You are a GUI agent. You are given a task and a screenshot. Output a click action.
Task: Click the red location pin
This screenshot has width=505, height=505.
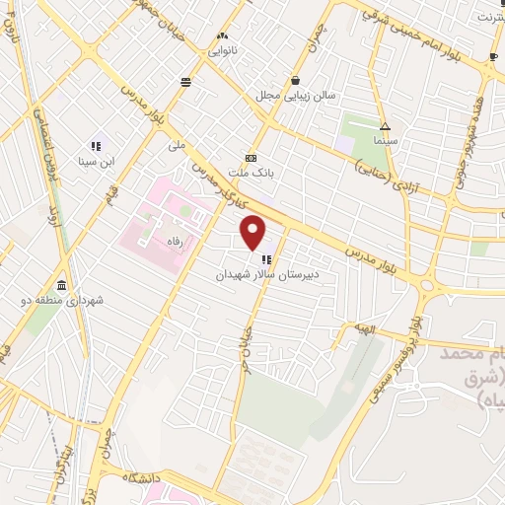[254, 233]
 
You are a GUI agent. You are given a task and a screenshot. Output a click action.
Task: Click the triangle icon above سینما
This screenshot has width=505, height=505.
[385, 126]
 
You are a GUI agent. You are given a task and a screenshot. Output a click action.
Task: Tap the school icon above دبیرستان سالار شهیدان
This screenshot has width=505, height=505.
[266, 260]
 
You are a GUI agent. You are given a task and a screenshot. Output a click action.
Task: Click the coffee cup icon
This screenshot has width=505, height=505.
[493, 57]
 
